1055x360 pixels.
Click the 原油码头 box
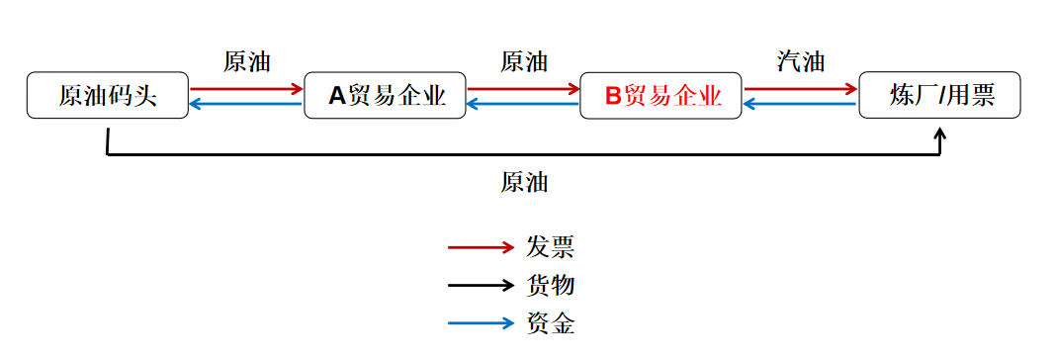[x=107, y=96]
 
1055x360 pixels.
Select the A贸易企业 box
[x=385, y=96]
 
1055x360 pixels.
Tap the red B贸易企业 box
[x=660, y=96]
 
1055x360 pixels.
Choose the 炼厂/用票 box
[x=938, y=96]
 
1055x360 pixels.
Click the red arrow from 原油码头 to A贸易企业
[x=246, y=89]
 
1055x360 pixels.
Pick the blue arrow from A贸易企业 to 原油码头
[x=246, y=103]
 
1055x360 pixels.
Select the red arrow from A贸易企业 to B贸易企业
[x=523, y=89]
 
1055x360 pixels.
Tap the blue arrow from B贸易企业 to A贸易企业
[x=523, y=103]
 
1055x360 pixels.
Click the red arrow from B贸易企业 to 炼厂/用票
[x=800, y=89]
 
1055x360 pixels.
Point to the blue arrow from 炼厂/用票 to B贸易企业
[x=800, y=103]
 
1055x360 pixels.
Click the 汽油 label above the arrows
[x=801, y=61]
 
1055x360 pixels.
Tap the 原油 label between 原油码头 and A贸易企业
[x=247, y=61]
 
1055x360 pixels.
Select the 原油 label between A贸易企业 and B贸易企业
[x=524, y=61]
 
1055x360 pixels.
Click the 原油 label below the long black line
[x=524, y=182]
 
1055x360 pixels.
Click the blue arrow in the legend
[x=481, y=323]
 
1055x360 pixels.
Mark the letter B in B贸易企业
[x=613, y=96]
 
